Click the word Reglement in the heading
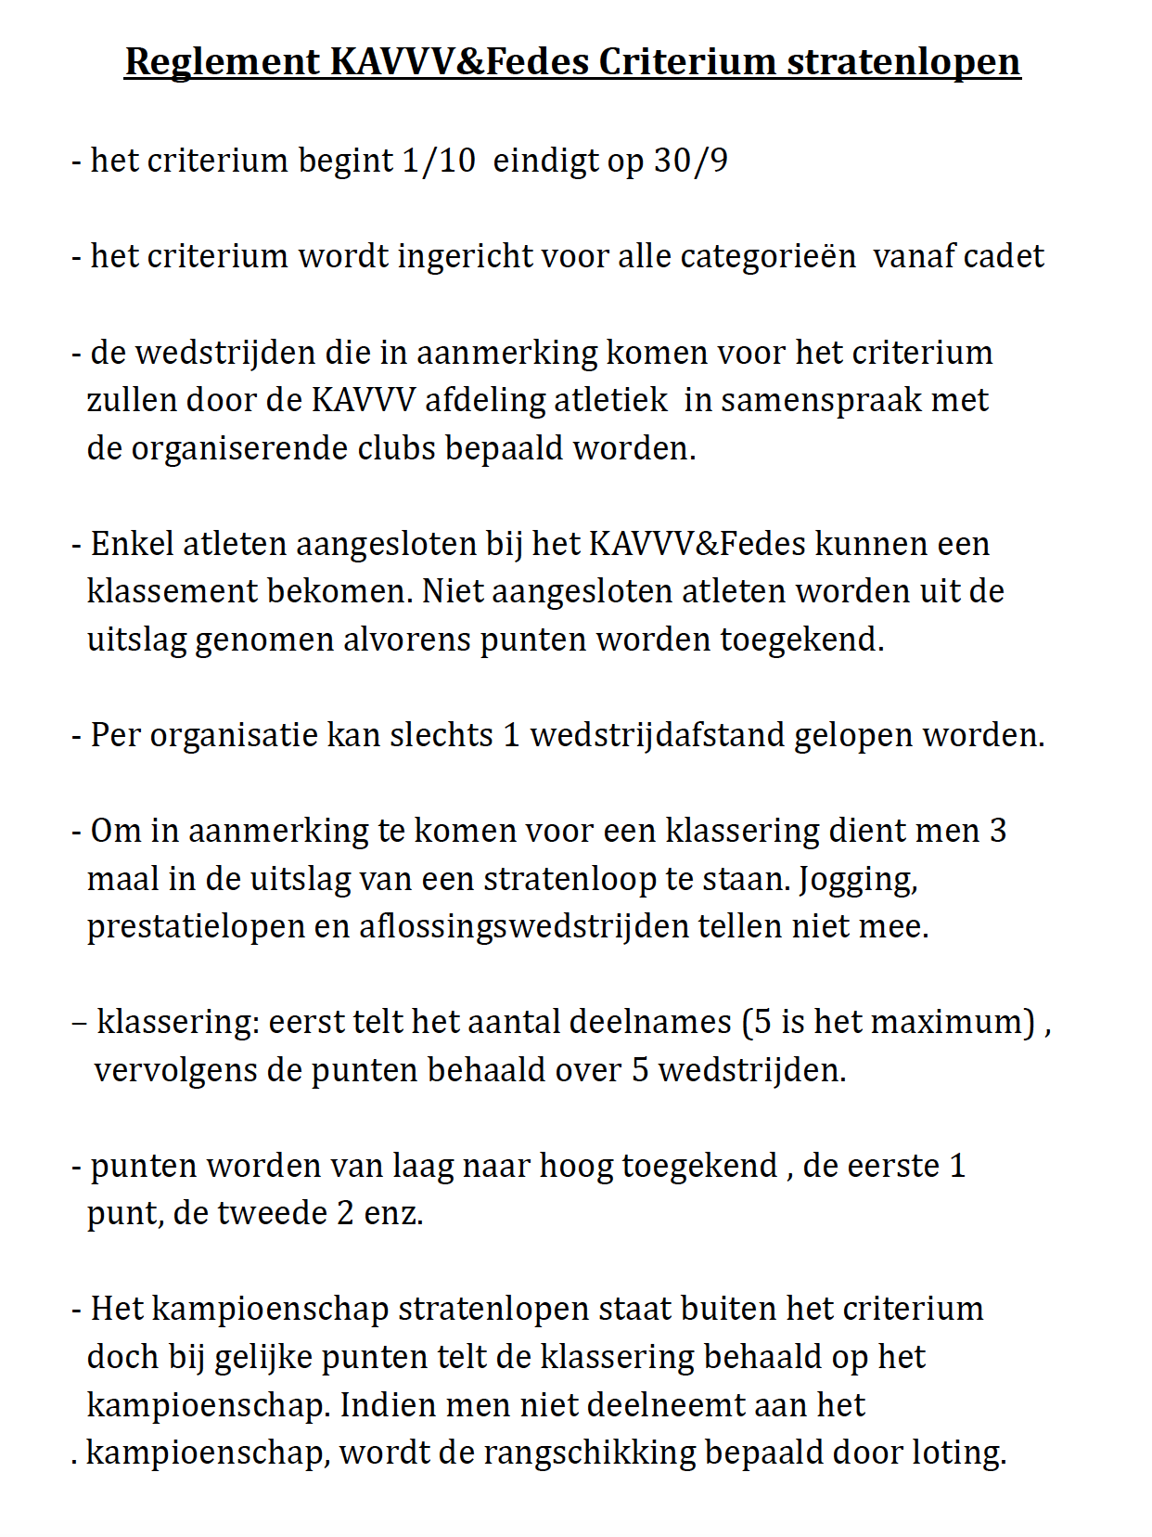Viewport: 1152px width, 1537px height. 223,62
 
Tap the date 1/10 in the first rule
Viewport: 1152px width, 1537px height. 439,161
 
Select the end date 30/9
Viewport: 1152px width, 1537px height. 691,161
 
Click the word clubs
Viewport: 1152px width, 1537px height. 397,448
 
